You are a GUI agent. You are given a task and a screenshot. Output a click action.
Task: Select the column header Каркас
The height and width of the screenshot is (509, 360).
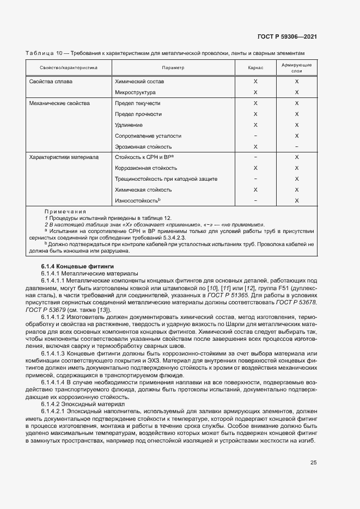point(255,68)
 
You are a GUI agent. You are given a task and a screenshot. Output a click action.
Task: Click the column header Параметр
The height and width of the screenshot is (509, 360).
point(173,68)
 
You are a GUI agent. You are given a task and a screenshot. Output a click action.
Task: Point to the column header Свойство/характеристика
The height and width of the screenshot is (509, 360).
point(69,68)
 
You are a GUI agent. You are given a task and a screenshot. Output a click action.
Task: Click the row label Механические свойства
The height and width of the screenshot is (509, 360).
point(59,103)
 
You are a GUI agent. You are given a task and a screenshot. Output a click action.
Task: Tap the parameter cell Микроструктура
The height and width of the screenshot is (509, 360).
point(136,93)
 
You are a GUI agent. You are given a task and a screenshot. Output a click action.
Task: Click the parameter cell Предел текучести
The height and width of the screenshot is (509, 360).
point(138,103)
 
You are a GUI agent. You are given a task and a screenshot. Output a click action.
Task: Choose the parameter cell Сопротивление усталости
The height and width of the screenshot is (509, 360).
point(148,136)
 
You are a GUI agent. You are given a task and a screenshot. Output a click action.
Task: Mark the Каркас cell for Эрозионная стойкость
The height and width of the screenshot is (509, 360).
point(255,146)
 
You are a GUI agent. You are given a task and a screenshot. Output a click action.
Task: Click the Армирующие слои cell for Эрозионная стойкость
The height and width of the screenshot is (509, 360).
point(297,146)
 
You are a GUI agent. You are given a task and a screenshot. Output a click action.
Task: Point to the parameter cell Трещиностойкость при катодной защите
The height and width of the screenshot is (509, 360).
point(166,179)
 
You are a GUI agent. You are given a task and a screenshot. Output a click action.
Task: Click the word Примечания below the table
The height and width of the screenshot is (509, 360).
point(62,211)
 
